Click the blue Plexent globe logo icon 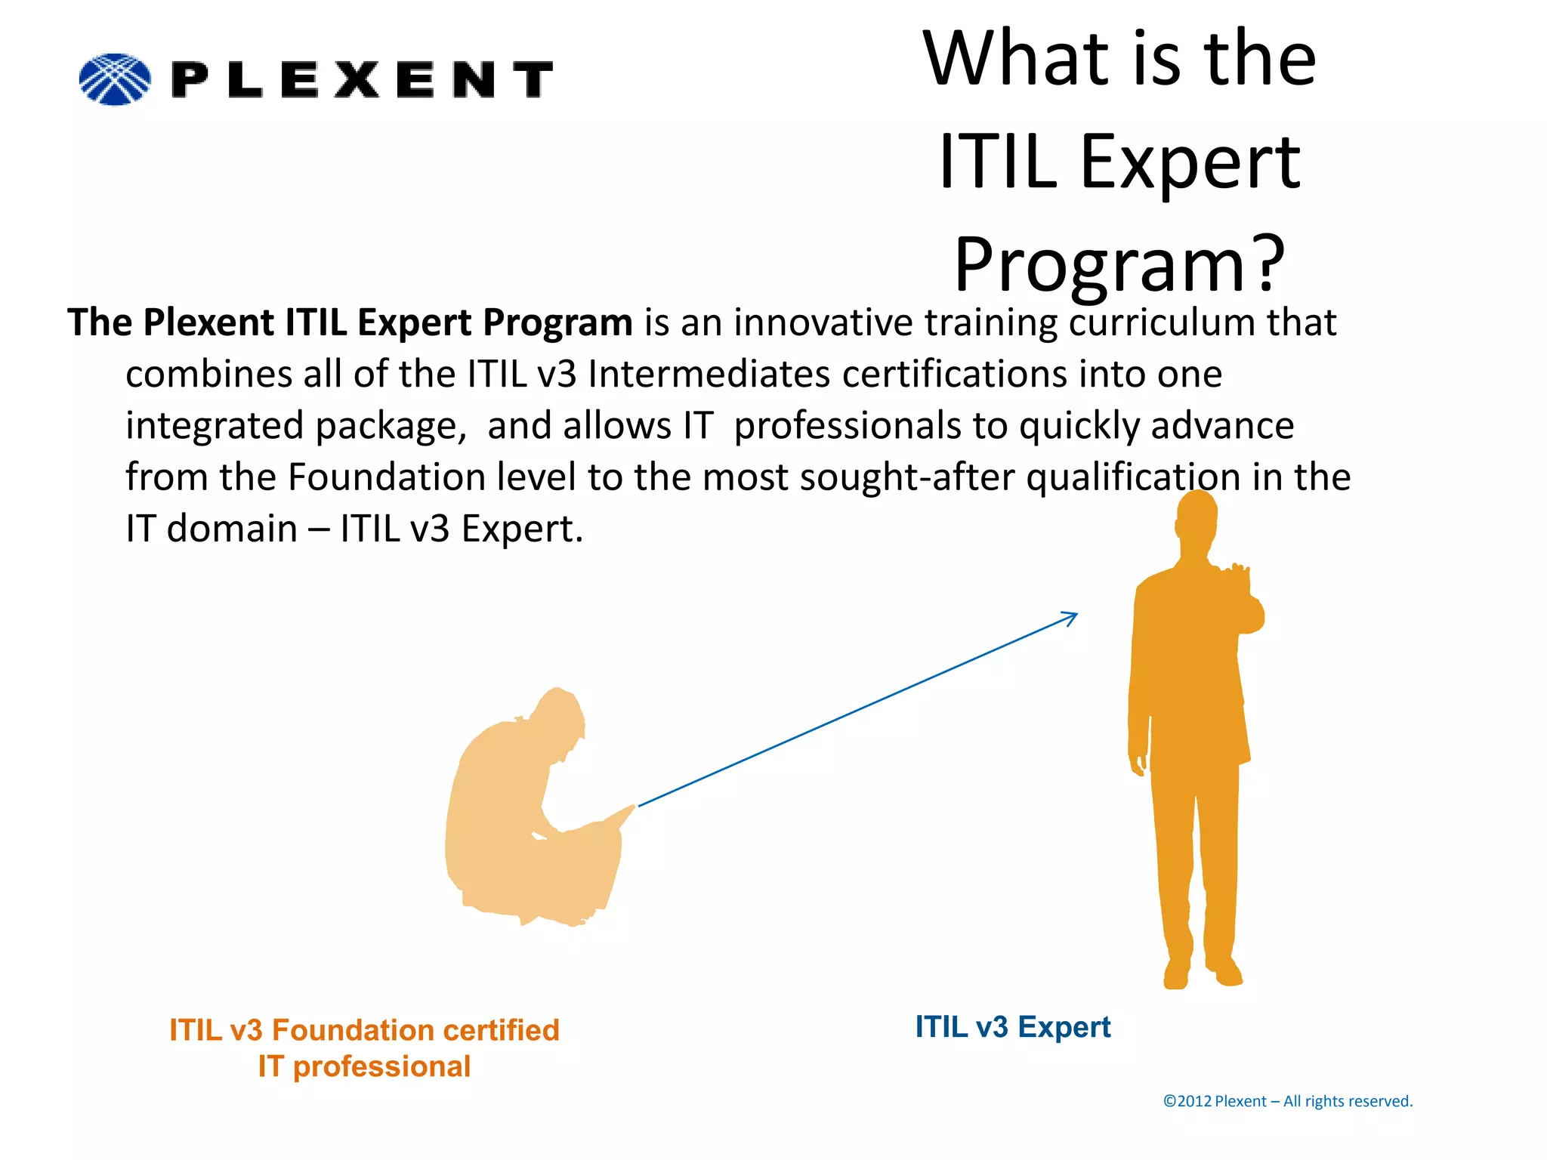(x=115, y=79)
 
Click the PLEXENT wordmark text (x=363, y=79)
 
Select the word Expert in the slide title (x=1190, y=162)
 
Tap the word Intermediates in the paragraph (x=709, y=374)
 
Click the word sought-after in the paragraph (x=906, y=477)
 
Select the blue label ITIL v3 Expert (x=1013, y=1028)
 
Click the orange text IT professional (x=364, y=1066)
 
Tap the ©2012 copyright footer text (x=1287, y=1101)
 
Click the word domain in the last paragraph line (x=232, y=529)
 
